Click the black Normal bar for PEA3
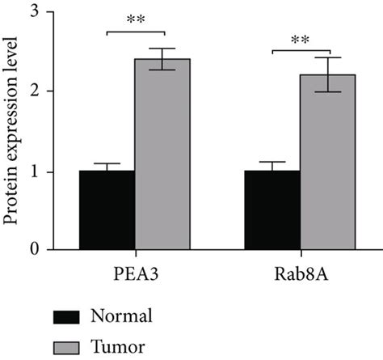[x=107, y=210]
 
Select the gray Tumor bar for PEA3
[x=162, y=154]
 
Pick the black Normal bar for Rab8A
[x=271, y=210]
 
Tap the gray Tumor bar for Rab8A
[x=327, y=162]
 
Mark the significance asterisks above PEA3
[x=135, y=23]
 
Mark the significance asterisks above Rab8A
[x=300, y=40]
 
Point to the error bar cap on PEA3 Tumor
[x=162, y=49]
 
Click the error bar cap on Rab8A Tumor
[x=327, y=57]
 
